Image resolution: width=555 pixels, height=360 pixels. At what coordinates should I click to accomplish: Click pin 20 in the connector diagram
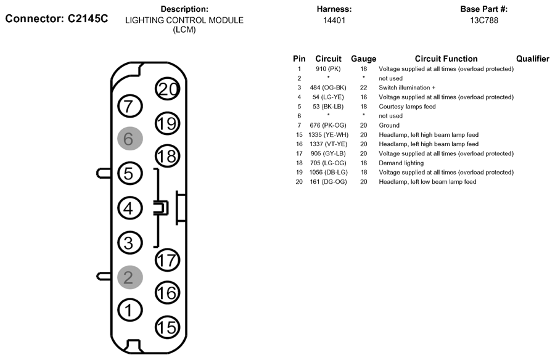[x=167, y=89]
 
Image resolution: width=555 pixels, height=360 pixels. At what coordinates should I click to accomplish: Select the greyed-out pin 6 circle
[x=130, y=139]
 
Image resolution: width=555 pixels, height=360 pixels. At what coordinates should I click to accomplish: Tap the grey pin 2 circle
[x=130, y=277]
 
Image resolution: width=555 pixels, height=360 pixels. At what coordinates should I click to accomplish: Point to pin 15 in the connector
[x=167, y=327]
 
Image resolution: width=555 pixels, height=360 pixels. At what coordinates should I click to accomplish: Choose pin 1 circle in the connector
[x=130, y=311]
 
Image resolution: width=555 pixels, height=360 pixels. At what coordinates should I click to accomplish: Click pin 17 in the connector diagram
[x=167, y=260]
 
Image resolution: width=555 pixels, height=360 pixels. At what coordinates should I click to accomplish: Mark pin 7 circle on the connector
[x=130, y=106]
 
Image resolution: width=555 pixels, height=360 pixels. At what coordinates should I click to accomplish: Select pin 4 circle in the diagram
[x=130, y=208]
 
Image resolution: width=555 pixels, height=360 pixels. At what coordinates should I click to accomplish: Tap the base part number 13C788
[x=484, y=20]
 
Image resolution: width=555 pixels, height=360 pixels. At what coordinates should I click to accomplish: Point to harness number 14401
[x=334, y=20]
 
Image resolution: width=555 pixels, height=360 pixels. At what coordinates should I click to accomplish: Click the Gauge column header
[x=363, y=59]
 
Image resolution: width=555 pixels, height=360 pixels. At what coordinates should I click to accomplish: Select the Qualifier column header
[x=533, y=59]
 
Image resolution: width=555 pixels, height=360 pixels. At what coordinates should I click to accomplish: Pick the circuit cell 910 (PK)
[x=328, y=68]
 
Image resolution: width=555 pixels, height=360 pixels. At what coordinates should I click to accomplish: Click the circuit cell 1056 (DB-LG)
[x=329, y=172]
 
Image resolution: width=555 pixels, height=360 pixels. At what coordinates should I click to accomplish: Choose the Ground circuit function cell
[x=389, y=125]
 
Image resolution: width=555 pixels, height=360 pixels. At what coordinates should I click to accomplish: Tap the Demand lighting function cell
[x=401, y=163]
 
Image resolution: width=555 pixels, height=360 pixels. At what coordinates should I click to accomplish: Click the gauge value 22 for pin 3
[x=363, y=88]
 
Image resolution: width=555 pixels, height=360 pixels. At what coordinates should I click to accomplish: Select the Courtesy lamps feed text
[x=407, y=107]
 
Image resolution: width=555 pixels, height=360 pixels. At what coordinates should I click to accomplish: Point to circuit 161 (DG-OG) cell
[x=328, y=182]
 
